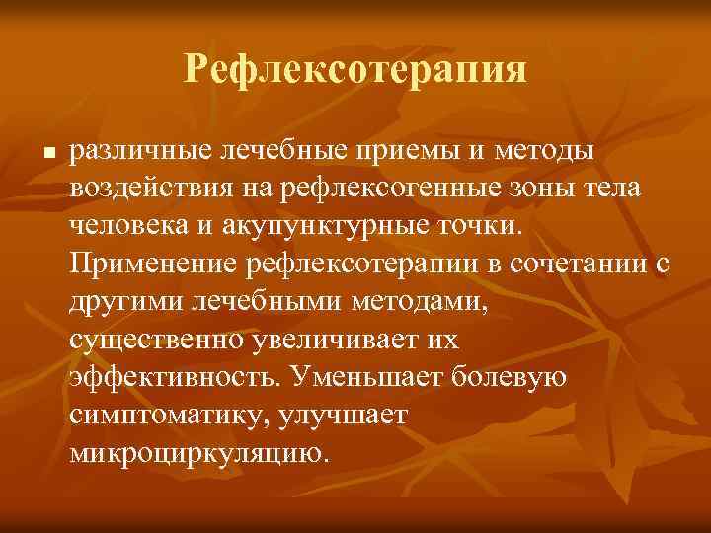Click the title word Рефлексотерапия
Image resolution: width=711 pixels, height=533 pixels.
pos(355,70)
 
